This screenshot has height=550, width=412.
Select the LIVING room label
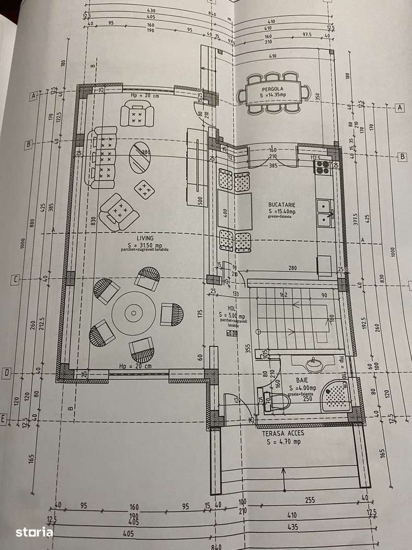pyautogui.click(x=130, y=237)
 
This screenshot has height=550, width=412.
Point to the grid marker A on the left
pyautogui.click(x=34, y=96)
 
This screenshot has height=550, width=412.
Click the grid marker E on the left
pyautogui.click(x=3, y=419)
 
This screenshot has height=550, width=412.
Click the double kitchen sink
pyautogui.click(x=325, y=214)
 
